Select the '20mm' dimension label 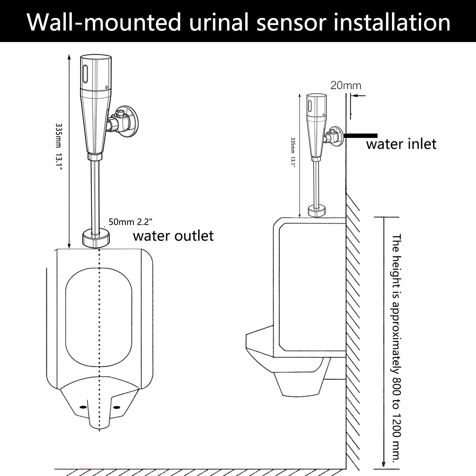[x=346, y=86]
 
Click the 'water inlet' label [x=401, y=144]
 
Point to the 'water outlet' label [x=173, y=236]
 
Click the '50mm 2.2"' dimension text [x=130, y=222]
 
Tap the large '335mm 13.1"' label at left [x=59, y=147]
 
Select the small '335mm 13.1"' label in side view [x=293, y=153]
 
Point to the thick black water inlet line [x=361, y=135]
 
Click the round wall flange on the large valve [x=130, y=122]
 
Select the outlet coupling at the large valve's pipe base [x=96, y=238]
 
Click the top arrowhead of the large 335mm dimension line [x=69, y=57]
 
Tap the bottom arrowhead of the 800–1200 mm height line [x=384, y=464]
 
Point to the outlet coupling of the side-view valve [x=317, y=212]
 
